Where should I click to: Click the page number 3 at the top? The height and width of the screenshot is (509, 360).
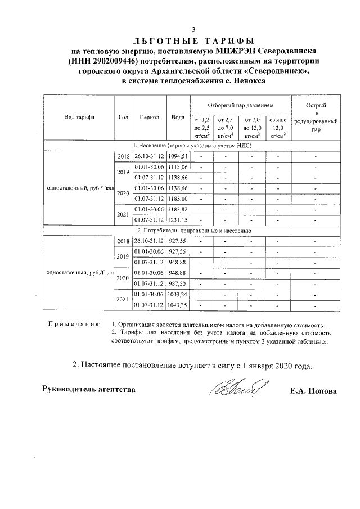point(193,30)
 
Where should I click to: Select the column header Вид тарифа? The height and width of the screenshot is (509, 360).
point(79,118)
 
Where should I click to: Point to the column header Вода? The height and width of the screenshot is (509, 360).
point(178,118)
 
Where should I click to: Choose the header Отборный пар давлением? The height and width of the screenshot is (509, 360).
point(240,105)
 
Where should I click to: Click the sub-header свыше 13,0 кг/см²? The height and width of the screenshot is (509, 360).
point(278,127)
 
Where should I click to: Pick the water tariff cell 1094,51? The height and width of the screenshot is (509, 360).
point(178,156)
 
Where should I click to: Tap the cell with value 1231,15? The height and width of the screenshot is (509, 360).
point(178,219)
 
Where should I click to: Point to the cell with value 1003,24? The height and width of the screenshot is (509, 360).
point(178,294)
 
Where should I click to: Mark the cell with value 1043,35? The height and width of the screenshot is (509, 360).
point(178,305)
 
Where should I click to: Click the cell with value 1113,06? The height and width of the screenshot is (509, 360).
point(178,167)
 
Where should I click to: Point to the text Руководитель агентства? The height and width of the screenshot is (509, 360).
point(89,389)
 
